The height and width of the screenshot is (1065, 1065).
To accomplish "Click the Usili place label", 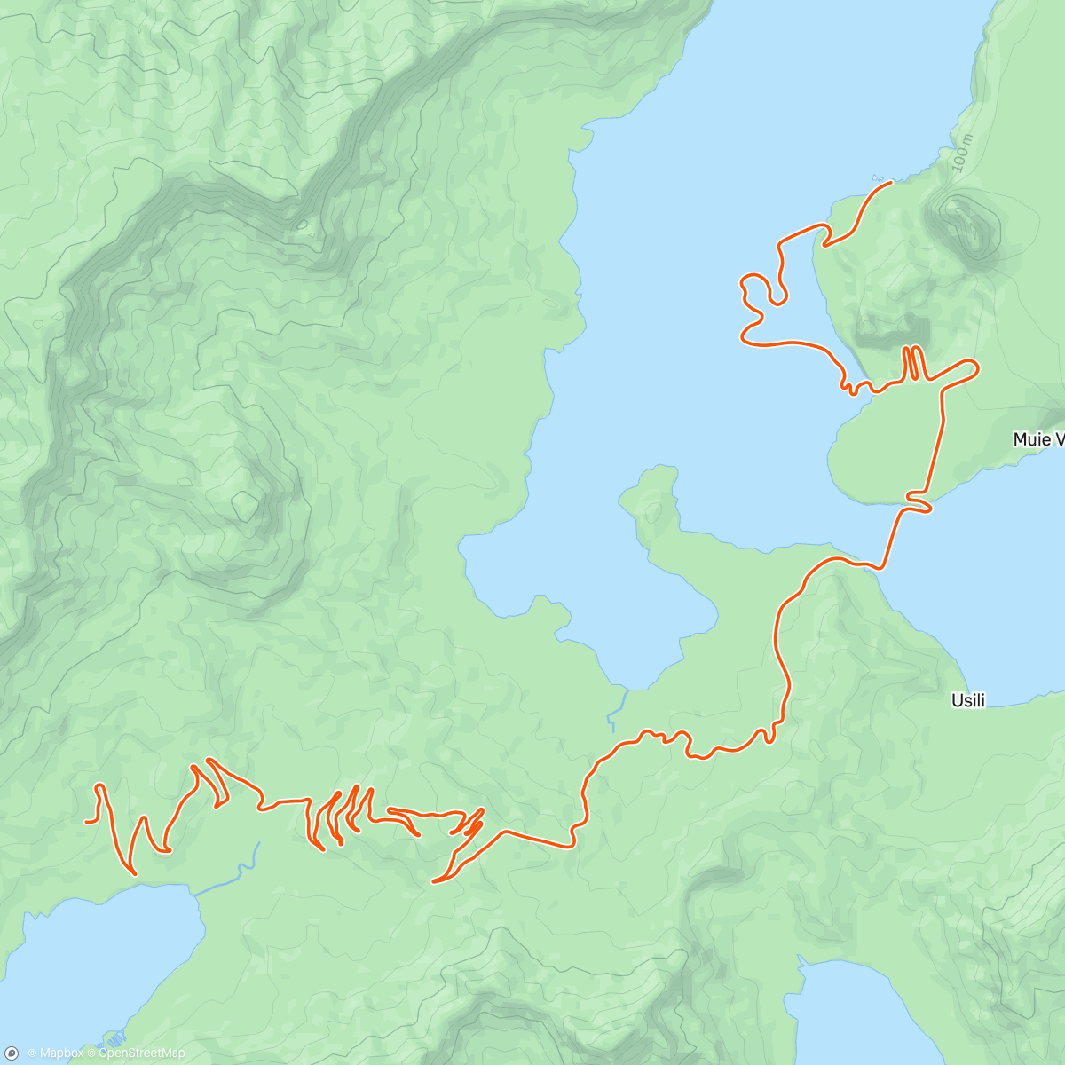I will tap(967, 700).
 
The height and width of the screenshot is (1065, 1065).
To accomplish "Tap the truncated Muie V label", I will tap(1037, 439).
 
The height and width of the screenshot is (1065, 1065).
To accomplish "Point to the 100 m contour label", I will tap(961, 154).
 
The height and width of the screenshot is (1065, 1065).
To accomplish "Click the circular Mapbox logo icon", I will tap(12, 1053).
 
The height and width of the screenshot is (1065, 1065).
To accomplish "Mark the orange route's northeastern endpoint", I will tap(890, 182).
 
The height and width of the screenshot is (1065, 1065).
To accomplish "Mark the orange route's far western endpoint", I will tap(86, 822).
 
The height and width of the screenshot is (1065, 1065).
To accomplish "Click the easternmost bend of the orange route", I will tap(976, 366).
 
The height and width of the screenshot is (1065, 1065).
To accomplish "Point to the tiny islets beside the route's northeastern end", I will tap(878, 176).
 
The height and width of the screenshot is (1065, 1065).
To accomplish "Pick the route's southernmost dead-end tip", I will tap(433, 881).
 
